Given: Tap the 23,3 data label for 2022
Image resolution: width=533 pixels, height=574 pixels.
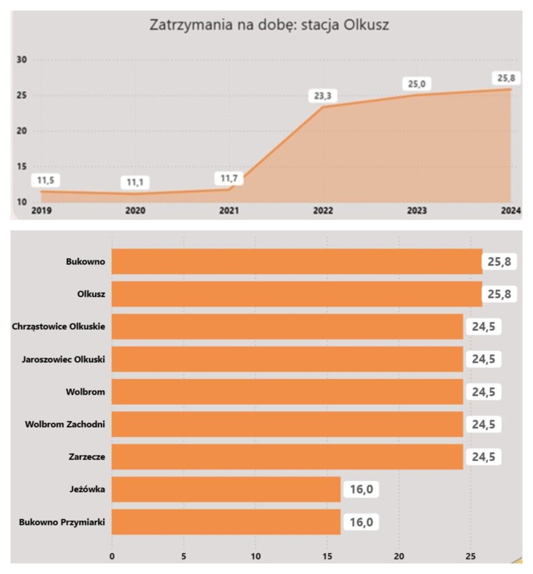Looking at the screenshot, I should click(323, 96).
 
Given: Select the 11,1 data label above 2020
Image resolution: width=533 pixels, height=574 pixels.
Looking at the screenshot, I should click(135, 183).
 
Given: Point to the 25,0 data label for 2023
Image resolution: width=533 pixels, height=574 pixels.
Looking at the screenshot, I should click(416, 84).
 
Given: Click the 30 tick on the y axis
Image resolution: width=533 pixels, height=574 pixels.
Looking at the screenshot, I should click(23, 60).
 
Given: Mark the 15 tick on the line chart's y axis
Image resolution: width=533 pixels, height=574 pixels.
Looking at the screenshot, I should click(23, 166).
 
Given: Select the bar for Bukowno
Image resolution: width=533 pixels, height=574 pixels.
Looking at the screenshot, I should click(297, 261).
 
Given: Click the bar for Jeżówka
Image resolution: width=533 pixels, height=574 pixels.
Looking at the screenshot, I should click(226, 489).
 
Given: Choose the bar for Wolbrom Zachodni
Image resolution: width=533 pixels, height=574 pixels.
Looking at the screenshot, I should click(287, 424).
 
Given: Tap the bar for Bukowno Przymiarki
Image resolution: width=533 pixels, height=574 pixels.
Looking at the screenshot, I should click(226, 522).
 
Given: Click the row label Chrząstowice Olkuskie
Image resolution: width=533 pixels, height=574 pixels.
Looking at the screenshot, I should click(58, 326).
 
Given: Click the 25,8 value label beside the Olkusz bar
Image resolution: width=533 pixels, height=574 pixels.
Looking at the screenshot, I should click(499, 294).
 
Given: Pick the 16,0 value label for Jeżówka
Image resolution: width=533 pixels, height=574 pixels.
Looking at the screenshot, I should click(361, 489).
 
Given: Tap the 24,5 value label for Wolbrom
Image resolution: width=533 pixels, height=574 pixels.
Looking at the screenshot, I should click(484, 392).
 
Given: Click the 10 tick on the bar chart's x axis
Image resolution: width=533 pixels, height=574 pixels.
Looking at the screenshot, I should click(255, 556).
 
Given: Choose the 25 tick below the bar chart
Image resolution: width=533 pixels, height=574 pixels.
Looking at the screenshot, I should click(470, 556).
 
